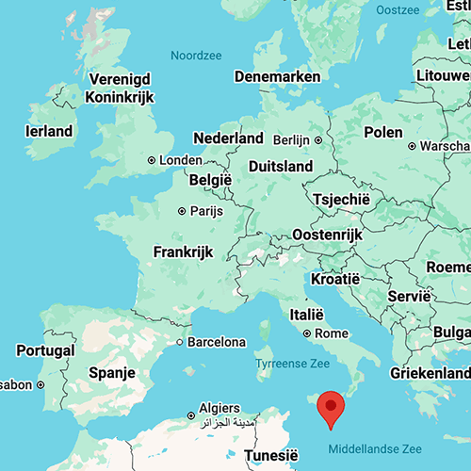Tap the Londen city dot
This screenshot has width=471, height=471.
(151, 160)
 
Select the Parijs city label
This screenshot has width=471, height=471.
(206, 211)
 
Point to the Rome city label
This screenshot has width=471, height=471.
(332, 333)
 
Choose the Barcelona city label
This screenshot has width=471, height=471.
(217, 341)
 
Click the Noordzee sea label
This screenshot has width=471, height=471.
(195, 56)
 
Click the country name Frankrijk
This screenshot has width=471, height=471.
(184, 252)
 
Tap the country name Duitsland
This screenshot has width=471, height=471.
(280, 166)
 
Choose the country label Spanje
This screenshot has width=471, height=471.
(113, 373)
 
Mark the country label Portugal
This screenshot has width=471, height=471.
(45, 350)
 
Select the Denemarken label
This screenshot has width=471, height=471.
(276, 76)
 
